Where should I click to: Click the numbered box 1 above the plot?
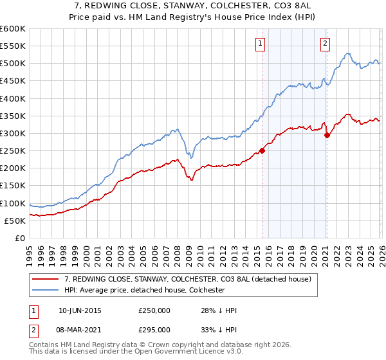[260, 44]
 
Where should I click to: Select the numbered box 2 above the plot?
[325, 44]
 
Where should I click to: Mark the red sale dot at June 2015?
[262, 151]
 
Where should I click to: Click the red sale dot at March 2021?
[327, 135]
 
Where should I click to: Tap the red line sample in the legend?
[46, 279]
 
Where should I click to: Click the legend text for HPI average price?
[144, 290]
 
